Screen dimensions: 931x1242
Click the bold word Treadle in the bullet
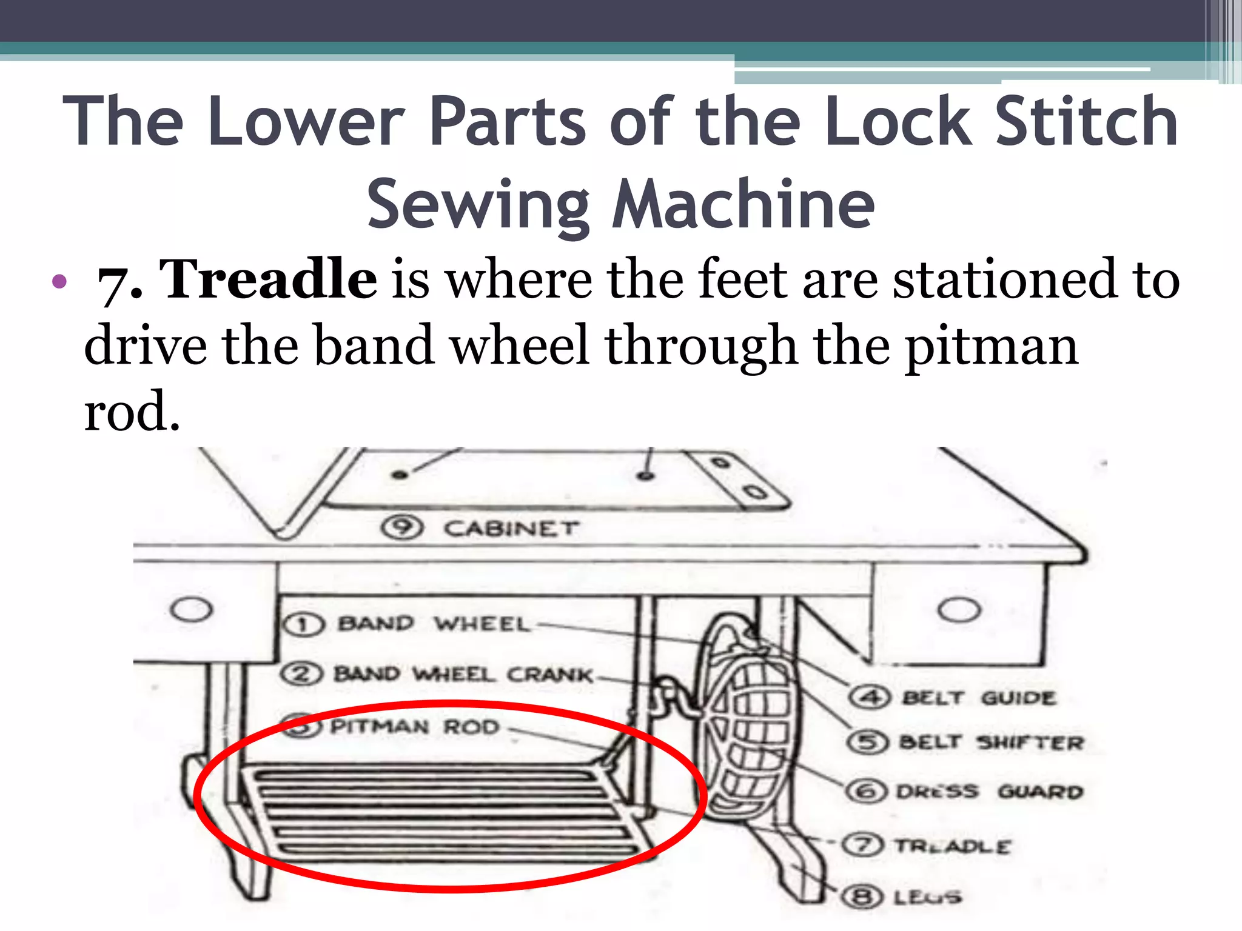pos(267,279)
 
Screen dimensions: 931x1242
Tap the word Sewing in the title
pos(478,205)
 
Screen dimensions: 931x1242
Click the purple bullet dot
pos(59,281)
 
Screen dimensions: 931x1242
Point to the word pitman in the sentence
pos(992,346)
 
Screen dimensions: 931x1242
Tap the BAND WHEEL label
pos(433,624)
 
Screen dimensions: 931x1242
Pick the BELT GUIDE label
pos(979,698)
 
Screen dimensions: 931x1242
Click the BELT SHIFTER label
pos(991,742)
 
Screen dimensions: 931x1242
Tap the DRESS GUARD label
pos(989,792)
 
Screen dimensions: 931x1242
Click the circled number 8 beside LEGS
pos(861,896)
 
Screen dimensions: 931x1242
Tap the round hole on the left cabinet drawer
pos(192,609)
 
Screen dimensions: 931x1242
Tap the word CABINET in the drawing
pos(511,529)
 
